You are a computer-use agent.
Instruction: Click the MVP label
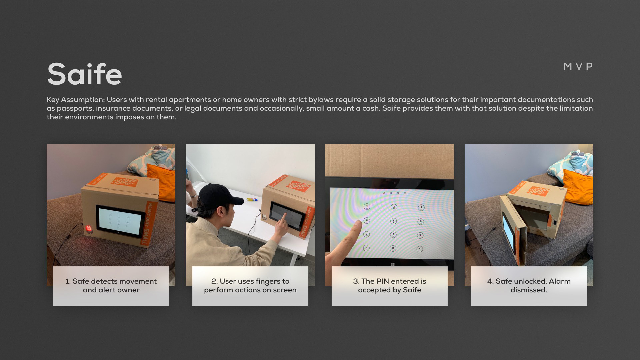(x=578, y=66)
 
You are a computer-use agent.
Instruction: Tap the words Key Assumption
(x=76, y=100)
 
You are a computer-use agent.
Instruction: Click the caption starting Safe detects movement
(x=111, y=286)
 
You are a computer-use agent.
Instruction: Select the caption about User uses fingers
(x=250, y=286)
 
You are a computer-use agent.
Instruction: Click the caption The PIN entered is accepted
(x=390, y=286)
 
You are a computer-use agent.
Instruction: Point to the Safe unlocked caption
(x=529, y=286)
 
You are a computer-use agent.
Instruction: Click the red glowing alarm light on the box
(x=89, y=228)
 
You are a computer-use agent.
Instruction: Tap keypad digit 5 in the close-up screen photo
(x=394, y=221)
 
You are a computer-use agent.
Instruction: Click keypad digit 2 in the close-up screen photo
(x=394, y=207)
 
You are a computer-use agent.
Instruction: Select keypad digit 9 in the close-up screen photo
(x=420, y=235)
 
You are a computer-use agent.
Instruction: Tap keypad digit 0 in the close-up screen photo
(x=393, y=248)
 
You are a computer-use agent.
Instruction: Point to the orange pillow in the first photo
(x=162, y=182)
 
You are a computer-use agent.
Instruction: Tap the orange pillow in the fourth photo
(x=578, y=187)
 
